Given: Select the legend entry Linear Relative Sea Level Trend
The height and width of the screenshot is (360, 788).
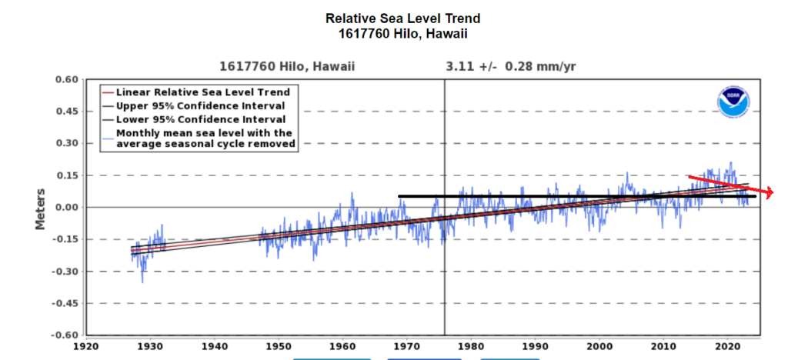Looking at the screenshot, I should pos(202,92).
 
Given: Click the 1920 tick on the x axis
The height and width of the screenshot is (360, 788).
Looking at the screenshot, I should pos(86,346).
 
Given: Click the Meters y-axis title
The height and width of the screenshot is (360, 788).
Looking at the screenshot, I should pos(40,207).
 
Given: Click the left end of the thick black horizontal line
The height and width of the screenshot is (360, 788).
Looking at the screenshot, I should pos(399,196).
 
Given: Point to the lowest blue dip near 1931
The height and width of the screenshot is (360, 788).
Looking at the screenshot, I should pos(142,282).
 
